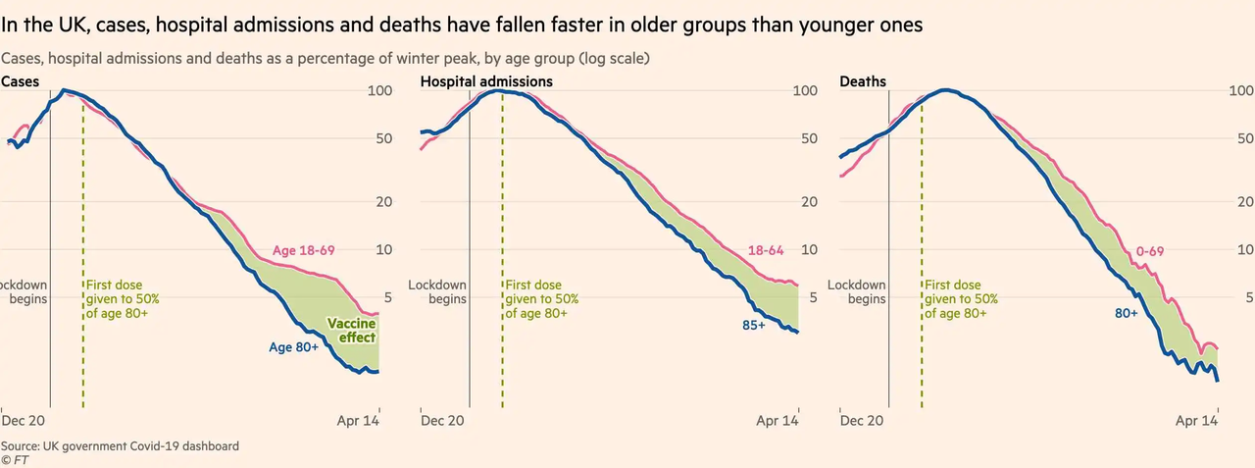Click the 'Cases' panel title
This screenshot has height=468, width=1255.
[20, 82]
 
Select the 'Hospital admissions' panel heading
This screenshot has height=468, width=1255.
[486, 82]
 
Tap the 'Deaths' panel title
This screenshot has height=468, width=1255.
[863, 82]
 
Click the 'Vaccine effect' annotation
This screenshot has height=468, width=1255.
[351, 331]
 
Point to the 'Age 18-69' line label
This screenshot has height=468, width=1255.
[303, 251]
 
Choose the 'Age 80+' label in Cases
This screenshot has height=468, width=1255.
[293, 346]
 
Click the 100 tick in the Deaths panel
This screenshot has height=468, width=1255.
[1241, 91]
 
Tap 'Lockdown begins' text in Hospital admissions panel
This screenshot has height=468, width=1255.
[437, 292]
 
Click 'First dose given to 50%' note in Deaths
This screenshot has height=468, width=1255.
[961, 299]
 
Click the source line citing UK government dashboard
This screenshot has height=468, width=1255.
[120, 446]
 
